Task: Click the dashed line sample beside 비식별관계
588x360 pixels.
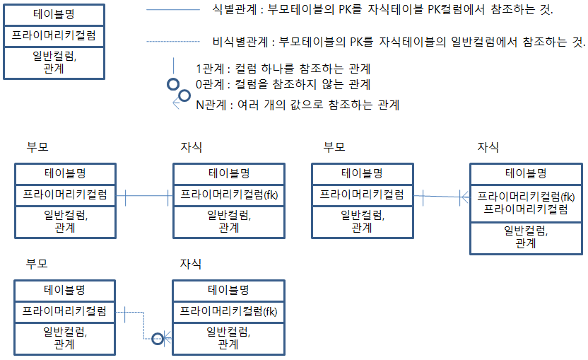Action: [x=172, y=42]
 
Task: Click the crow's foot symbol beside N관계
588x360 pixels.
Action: [x=177, y=103]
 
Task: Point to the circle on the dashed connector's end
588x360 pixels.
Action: [x=158, y=339]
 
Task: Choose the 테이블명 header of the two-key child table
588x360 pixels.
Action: [x=527, y=173]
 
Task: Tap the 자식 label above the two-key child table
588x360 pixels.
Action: [x=488, y=147]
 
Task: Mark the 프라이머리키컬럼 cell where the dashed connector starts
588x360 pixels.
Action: [x=64, y=310]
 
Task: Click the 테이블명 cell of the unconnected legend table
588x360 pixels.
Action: [x=54, y=14]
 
